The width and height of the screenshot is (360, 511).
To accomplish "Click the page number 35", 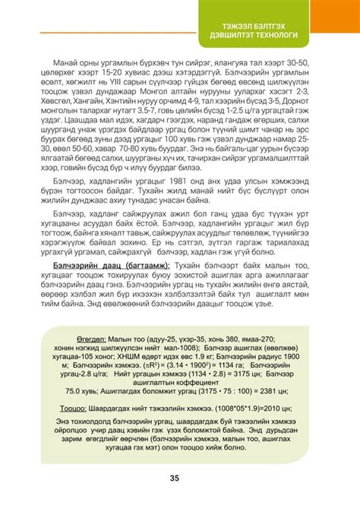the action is [x=174, y=478].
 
